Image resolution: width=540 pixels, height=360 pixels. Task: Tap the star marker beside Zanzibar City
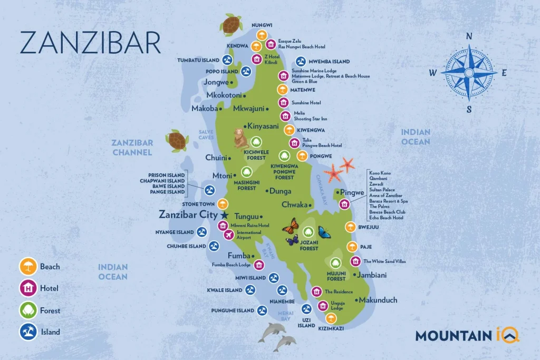pyautogui.click(x=225, y=215)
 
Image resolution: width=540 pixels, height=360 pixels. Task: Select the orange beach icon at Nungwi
pyautogui.click(x=261, y=36)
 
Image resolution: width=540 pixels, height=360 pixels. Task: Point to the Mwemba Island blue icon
pyautogui.click(x=301, y=62)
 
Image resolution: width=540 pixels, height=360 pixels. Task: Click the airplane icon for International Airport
pyautogui.click(x=229, y=235)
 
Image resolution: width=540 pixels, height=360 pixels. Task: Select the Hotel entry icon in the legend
pyautogui.click(x=27, y=288)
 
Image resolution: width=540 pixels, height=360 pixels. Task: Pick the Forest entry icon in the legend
pyautogui.click(x=27, y=310)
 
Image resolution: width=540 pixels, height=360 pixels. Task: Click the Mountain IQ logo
pyautogui.click(x=467, y=335)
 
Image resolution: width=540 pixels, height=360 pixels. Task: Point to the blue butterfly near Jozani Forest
pyautogui.click(x=324, y=232)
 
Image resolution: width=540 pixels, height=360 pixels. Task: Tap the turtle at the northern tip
pyautogui.click(x=230, y=24)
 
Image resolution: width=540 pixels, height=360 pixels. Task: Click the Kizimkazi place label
pyautogui.click(x=331, y=328)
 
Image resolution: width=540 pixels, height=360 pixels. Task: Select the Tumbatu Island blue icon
pyautogui.click(x=228, y=60)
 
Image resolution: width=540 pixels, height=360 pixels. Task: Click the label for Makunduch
pyautogui.click(x=378, y=300)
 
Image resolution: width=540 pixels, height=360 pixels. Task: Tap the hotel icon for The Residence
pyautogui.click(x=316, y=291)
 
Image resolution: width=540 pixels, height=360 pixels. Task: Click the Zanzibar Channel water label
pyautogui.click(x=132, y=148)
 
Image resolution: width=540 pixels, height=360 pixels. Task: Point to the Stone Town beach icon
pyautogui.click(x=223, y=204)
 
